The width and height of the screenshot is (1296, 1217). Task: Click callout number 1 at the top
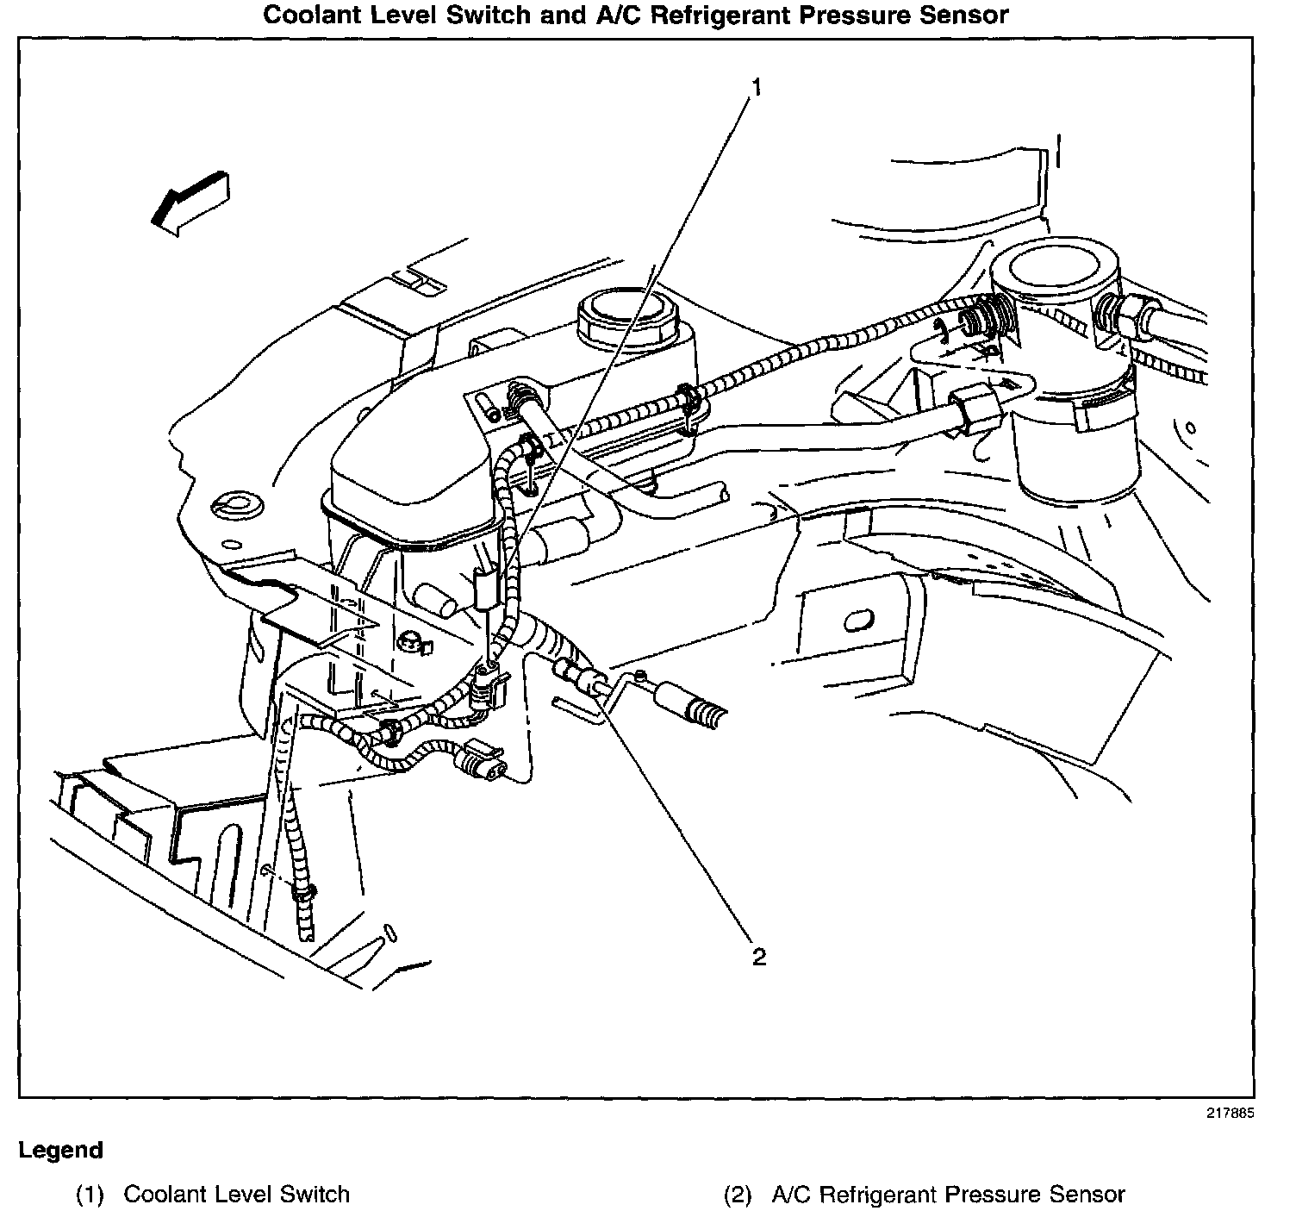(x=756, y=87)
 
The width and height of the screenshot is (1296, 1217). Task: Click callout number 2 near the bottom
(x=758, y=957)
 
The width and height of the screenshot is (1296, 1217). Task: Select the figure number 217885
(x=1230, y=1113)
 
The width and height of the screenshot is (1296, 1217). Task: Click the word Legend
(x=60, y=1151)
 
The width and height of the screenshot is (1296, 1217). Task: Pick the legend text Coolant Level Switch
(x=236, y=1195)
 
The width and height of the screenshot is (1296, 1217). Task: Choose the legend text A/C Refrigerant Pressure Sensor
(x=948, y=1195)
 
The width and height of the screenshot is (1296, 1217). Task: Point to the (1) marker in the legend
(x=90, y=1195)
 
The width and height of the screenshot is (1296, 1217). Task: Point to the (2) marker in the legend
(x=738, y=1195)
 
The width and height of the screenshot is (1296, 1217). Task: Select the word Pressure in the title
(x=852, y=16)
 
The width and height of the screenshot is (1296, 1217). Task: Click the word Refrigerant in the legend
(x=875, y=1195)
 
